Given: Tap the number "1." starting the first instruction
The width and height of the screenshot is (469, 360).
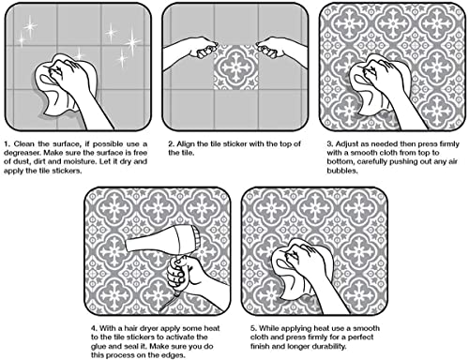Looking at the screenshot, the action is tap(8, 144).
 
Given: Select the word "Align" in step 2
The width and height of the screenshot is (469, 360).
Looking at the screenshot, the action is tap(186, 144).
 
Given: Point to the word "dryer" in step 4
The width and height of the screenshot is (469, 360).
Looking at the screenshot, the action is tap(148, 328).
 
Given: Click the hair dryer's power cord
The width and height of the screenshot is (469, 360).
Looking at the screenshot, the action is tap(167, 303).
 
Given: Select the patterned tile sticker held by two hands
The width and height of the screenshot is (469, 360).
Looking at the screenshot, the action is tap(236, 67).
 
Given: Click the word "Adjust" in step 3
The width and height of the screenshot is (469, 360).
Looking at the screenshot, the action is tap(346, 144).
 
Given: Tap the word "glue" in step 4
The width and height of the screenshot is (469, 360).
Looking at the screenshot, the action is tap(98, 347).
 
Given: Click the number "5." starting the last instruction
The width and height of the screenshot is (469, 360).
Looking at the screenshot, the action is tap(253, 328).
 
